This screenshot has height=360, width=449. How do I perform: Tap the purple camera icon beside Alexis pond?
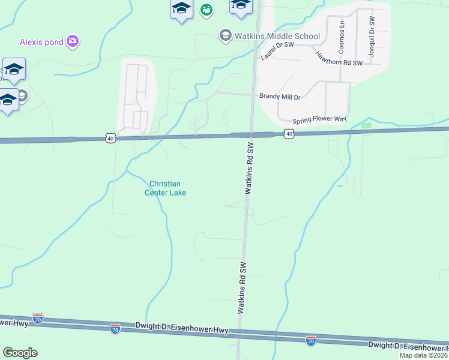73,41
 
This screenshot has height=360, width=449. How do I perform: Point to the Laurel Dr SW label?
277,50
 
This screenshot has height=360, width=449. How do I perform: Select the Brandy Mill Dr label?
279,96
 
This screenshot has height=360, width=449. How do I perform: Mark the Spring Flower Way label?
319,120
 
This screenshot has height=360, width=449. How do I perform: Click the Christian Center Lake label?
165,188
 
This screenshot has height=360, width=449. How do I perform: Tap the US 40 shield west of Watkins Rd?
110,138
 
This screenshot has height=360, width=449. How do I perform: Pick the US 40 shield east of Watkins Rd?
289,134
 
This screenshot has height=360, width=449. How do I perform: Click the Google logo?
20,353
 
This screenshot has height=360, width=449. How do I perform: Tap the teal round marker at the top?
206,10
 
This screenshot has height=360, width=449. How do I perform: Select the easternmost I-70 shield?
310,341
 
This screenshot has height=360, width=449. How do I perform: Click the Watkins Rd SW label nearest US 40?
249,168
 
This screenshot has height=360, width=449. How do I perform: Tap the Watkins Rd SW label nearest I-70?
242,288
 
